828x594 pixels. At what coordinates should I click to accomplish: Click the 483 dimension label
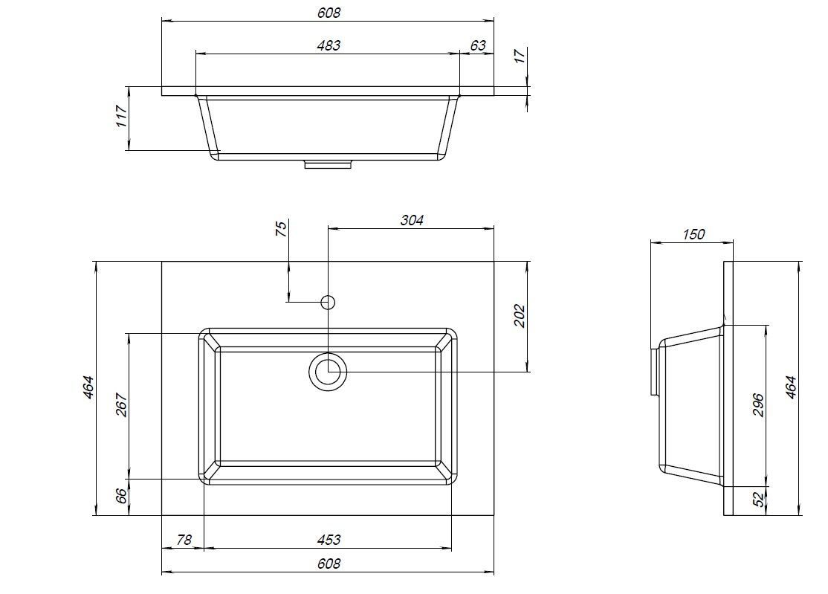click(329, 45)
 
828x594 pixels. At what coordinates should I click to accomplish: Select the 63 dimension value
click(478, 45)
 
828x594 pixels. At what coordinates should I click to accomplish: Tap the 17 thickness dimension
click(520, 56)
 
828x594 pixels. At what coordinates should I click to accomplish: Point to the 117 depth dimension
click(121, 116)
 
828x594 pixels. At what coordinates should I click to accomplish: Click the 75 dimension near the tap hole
click(281, 229)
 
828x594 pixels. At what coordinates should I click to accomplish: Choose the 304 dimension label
click(411, 219)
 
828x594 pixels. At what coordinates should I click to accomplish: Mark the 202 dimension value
click(520, 316)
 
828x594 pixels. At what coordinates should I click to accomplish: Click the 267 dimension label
click(121, 405)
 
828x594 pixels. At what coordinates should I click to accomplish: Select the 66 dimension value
click(121, 496)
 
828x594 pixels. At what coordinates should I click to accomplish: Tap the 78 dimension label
click(184, 540)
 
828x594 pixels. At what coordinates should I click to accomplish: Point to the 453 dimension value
click(329, 540)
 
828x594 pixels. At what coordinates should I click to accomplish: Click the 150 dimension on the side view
click(693, 233)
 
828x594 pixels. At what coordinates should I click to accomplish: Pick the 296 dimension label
click(758, 405)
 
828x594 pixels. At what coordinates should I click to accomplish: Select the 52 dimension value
click(758, 500)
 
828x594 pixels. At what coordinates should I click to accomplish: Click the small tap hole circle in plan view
click(328, 302)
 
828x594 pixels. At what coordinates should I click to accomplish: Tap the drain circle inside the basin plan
click(328, 372)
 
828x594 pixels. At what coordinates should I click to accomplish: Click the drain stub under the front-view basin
click(328, 164)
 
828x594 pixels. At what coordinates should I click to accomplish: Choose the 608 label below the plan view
click(329, 564)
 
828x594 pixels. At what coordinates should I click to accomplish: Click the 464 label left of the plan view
click(88, 387)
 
